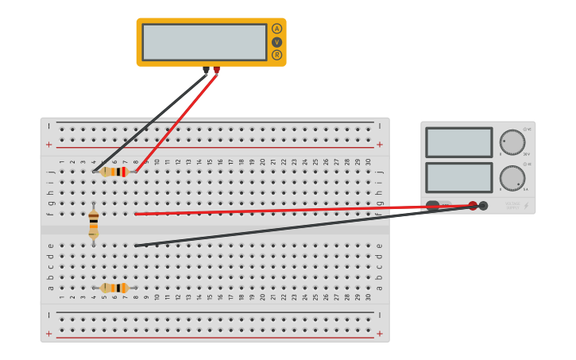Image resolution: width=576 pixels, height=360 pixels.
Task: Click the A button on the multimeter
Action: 276,29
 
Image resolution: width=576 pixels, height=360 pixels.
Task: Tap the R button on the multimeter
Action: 276,55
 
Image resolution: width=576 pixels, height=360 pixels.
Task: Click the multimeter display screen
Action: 204,42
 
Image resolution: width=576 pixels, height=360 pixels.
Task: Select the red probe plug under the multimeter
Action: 216,70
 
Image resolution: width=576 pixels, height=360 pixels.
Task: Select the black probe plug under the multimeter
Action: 206,70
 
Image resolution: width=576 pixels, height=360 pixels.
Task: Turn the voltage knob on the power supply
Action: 512,142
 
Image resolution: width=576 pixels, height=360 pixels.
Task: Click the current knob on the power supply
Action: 512,178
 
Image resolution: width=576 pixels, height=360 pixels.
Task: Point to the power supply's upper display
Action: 458,142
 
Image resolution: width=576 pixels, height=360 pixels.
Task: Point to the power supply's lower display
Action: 458,177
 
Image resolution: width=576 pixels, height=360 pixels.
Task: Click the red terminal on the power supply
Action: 473,206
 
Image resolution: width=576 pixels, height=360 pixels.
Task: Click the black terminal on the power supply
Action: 483,206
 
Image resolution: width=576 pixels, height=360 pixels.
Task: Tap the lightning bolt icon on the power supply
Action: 526,206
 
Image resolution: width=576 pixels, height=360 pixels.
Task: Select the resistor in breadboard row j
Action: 114,172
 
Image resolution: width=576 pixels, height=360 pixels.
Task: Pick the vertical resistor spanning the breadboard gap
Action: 94,223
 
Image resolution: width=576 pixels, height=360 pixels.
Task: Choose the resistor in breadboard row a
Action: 114,288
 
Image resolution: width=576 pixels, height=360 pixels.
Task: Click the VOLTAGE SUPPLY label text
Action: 512,206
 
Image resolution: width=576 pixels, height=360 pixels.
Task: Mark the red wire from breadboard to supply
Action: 302,210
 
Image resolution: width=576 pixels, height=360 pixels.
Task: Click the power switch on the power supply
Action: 433,206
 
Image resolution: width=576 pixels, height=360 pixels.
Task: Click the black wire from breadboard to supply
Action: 302,228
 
